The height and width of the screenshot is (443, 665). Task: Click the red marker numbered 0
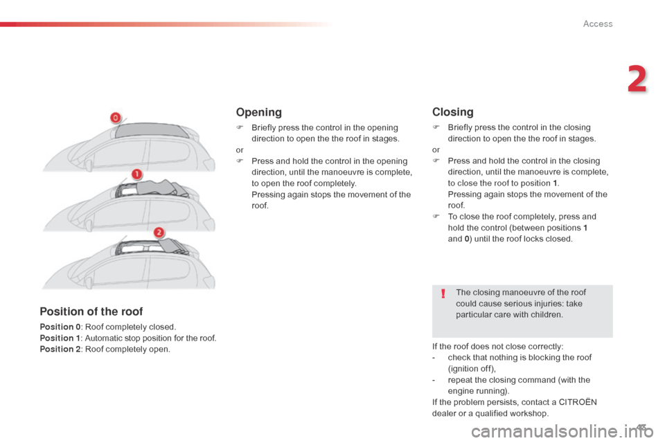[116, 118]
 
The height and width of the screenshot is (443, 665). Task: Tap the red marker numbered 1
[137, 174]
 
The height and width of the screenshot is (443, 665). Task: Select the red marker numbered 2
[159, 232]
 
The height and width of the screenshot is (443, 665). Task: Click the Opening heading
[258, 112]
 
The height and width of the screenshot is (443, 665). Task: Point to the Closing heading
[452, 112]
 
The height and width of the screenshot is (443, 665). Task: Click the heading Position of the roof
[91, 311]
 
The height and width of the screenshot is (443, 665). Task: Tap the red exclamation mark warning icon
[443, 296]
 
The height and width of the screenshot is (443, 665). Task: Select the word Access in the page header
[598, 24]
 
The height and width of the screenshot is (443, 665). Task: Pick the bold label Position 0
[59, 327]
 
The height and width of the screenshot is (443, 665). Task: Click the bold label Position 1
[59, 338]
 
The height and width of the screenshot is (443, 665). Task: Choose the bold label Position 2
[59, 349]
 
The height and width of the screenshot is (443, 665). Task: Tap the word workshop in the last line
[529, 413]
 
